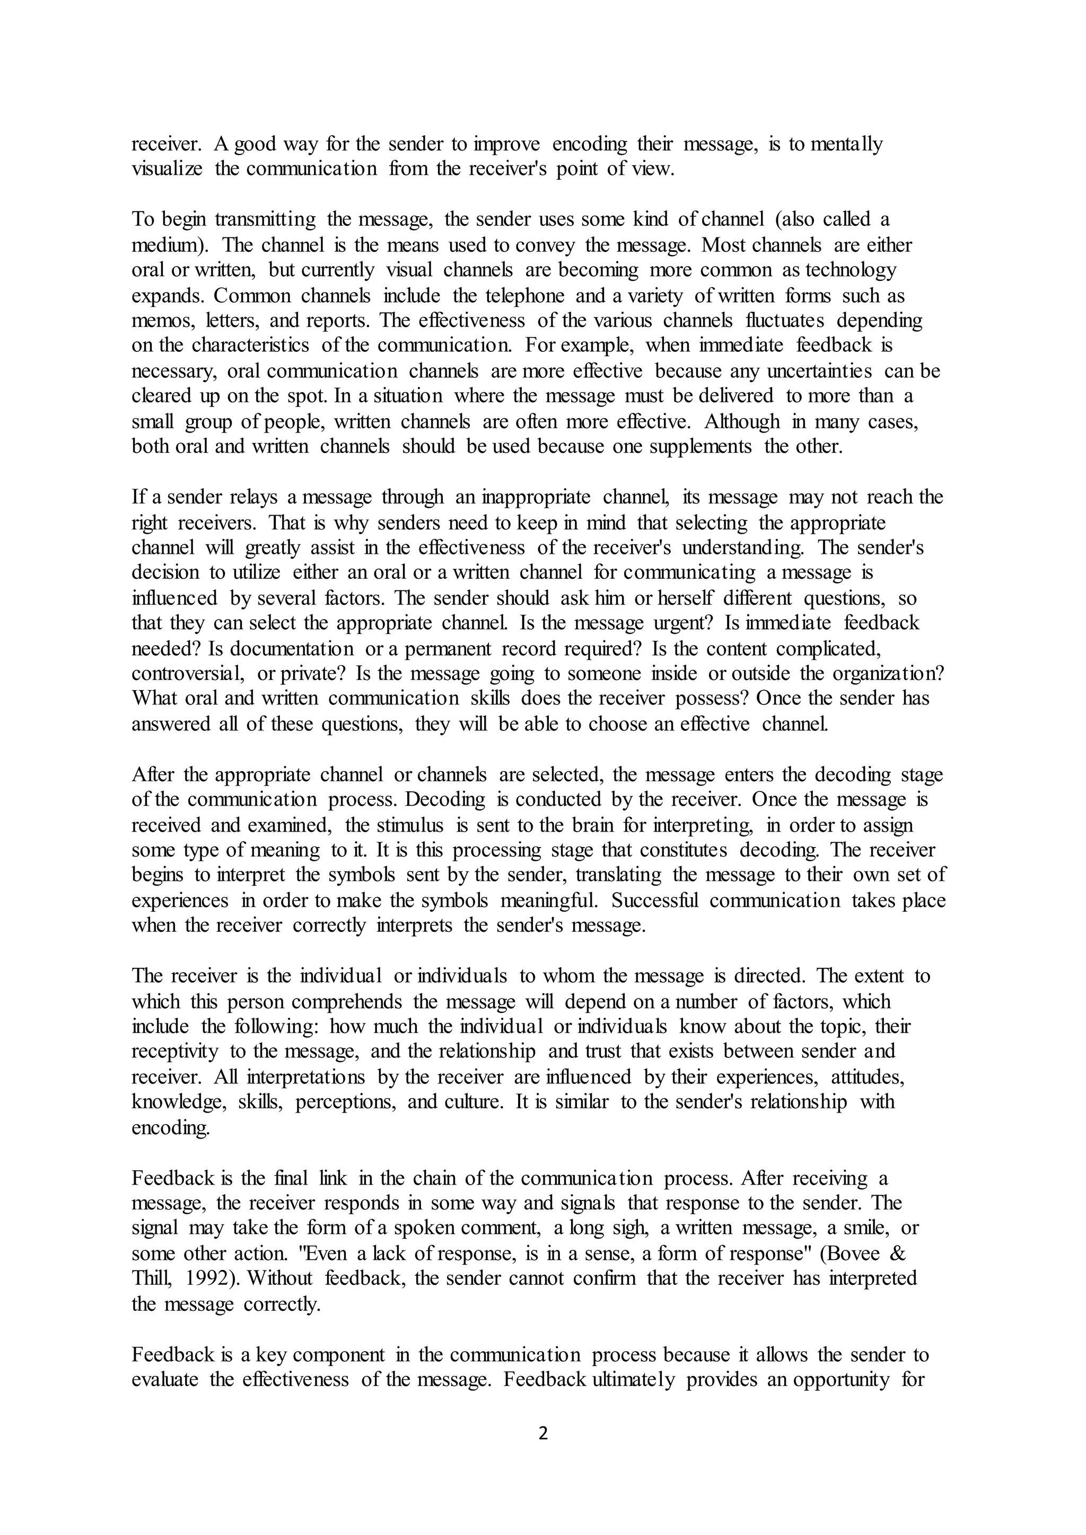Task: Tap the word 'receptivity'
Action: click(175, 1052)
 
